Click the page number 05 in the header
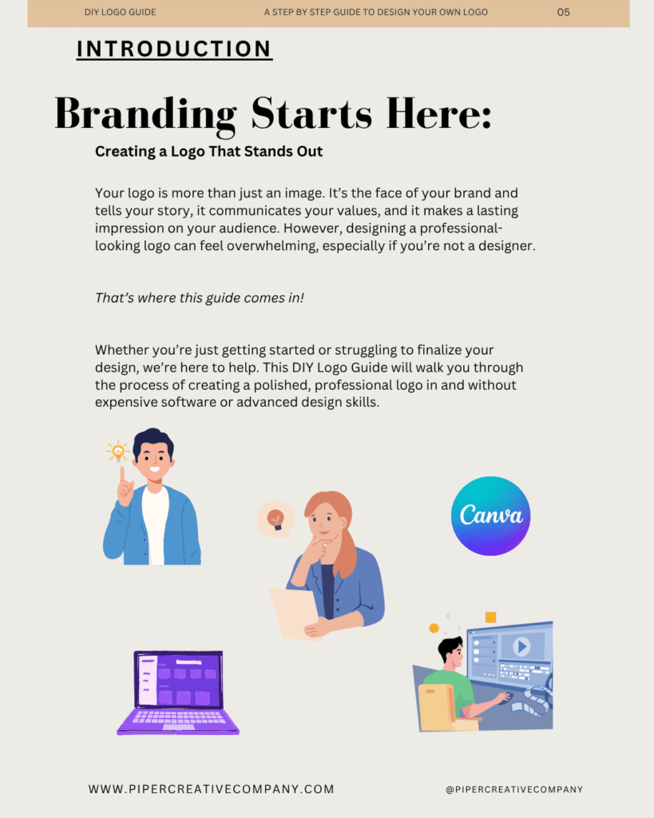(563, 12)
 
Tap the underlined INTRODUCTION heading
(174, 49)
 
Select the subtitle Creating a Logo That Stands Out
(208, 151)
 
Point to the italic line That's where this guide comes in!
(199, 298)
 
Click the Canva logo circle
(490, 515)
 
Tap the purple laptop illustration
(178, 693)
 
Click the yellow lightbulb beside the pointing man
(118, 451)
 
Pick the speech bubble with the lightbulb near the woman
(275, 519)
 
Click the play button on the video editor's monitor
(521, 646)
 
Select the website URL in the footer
(212, 788)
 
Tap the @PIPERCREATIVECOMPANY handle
(514, 789)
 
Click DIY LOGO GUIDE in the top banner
(120, 12)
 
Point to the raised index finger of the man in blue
(122, 475)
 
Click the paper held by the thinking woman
(293, 613)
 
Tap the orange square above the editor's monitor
(491, 617)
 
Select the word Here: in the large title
(439, 113)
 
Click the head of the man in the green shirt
(451, 653)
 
